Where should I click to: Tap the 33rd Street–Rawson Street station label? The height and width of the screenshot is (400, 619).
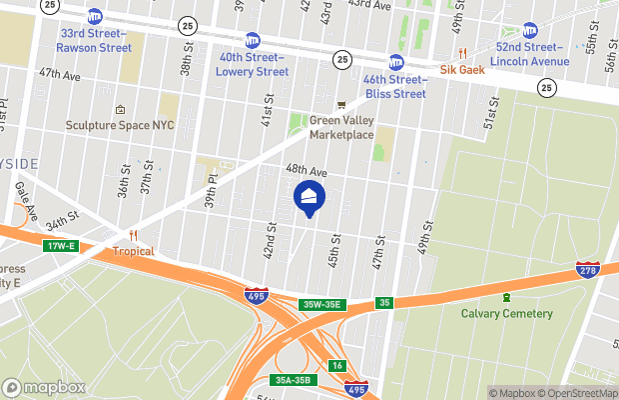pos(94,40)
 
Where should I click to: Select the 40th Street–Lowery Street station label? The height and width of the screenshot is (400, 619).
pos(254,64)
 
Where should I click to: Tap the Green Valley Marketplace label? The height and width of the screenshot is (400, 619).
pos(341,127)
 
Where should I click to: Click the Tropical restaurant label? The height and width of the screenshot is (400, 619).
pos(133,251)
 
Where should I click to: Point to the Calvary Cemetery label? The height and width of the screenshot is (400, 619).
pos(506,313)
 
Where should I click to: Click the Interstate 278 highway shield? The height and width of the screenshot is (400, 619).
pos(587,270)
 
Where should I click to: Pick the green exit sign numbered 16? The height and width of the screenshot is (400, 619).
pos(337,366)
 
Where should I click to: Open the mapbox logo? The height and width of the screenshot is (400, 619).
pos(44,387)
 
